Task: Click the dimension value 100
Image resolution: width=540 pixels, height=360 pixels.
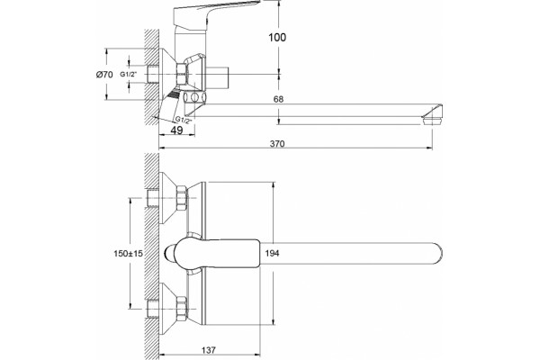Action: [277, 37]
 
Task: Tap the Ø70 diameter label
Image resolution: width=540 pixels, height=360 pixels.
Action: [104, 74]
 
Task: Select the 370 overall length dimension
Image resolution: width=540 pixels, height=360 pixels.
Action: [277, 143]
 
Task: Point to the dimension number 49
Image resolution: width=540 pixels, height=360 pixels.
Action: [177, 130]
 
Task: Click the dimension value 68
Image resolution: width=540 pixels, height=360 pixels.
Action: [278, 99]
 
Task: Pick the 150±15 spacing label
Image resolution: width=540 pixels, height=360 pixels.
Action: [128, 254]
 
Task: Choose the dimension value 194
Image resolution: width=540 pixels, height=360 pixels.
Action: [273, 254]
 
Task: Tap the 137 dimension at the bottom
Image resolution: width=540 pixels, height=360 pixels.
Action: [209, 350]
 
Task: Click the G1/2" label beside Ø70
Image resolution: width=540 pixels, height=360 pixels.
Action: [129, 74]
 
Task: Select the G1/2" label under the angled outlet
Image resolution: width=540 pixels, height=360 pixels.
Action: [184, 120]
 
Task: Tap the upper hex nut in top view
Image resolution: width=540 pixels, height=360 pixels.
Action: [182, 198]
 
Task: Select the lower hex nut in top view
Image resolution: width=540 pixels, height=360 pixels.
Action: [182, 308]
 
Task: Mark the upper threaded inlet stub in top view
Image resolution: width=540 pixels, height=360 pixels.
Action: [152, 198]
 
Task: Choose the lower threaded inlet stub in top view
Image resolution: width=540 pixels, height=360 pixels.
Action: [152, 309]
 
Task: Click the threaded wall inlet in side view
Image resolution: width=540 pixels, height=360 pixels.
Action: [152, 74]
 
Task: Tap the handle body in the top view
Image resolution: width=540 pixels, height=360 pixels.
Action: [216, 254]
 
